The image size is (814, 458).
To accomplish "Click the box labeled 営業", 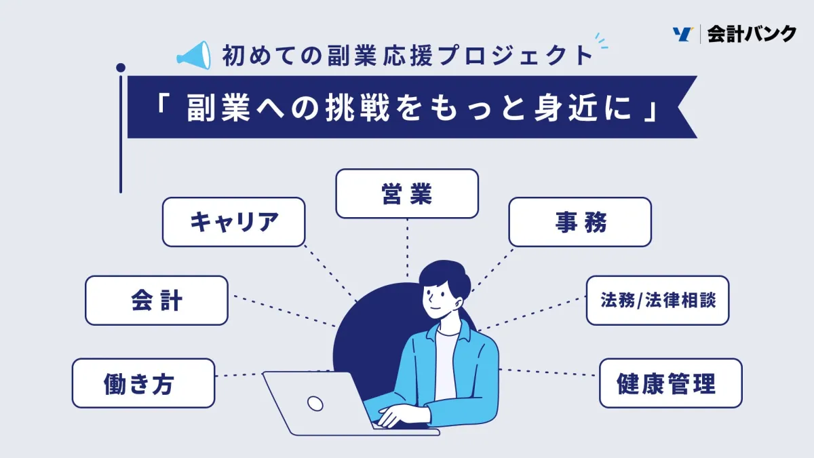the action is pos(407,193).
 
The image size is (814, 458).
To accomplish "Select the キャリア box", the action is pos(233,222).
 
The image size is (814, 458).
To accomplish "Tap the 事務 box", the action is pos(580,222).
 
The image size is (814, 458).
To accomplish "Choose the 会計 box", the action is pos(157,300).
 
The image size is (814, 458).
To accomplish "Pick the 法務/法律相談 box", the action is pos(658,300).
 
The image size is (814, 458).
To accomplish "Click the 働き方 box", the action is pos(144,383).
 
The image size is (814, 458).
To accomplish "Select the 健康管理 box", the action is pos(671,383).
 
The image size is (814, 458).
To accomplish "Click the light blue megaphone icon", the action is pos(194,55).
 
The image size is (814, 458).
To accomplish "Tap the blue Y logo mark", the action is pos(682,34).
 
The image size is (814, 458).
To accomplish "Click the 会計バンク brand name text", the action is pos(752,34).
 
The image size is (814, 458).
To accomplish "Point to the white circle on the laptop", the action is pos(315,404).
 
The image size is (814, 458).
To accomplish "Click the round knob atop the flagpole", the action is pos(121,68).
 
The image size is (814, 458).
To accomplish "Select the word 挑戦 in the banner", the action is pos(357,108).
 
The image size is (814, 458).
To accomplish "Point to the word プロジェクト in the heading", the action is pos(516,56).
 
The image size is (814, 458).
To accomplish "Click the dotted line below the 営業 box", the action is pos(407,248).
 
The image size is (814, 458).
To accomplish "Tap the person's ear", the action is pos(459,303).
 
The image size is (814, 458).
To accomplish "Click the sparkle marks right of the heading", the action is pos(601,41).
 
